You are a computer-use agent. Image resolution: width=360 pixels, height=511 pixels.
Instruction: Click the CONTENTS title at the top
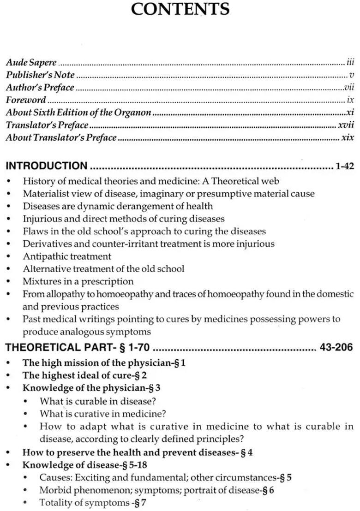(180, 10)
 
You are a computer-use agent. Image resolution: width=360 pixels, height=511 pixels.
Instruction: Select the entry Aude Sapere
(31, 62)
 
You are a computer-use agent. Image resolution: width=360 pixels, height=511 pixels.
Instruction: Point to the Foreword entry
(26, 100)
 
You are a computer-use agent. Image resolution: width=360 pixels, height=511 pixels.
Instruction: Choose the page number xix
(347, 137)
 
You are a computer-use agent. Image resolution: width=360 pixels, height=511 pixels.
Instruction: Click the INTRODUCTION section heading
(47, 166)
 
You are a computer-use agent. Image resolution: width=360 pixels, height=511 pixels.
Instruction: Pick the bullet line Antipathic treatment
(67, 256)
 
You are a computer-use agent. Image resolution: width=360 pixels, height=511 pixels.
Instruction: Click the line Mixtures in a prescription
(78, 281)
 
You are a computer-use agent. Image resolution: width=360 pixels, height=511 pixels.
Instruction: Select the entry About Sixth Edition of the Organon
(78, 113)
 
